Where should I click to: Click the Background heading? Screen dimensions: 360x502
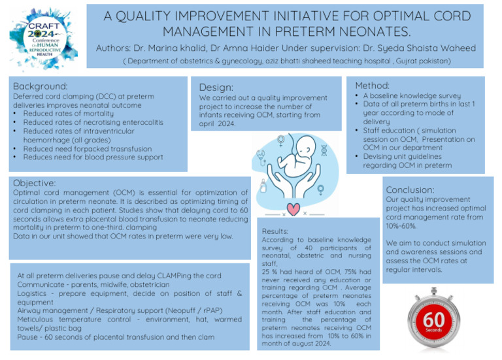[x=41, y=86]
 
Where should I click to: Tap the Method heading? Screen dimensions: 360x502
[x=372, y=86]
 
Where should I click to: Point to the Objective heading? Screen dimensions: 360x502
[x=35, y=183]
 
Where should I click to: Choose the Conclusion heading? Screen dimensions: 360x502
[x=410, y=189]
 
